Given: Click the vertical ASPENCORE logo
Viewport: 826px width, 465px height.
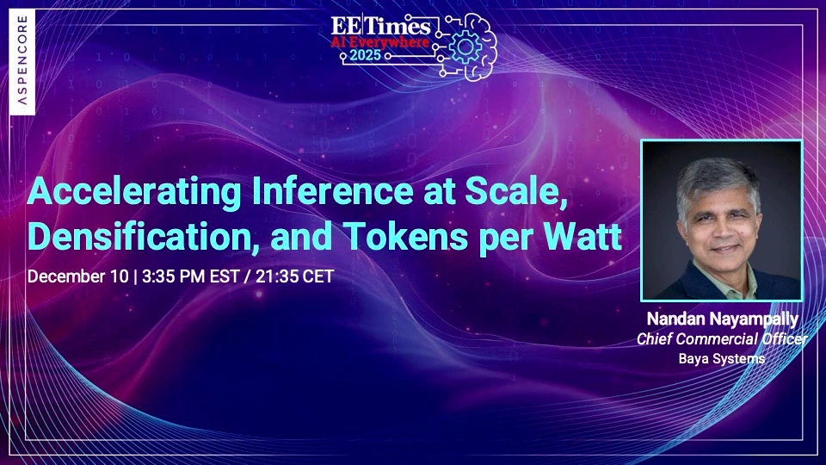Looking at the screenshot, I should (x=22, y=63).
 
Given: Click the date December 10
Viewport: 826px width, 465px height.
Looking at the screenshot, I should (x=74, y=277).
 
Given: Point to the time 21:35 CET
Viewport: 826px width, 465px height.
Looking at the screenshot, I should (x=293, y=277).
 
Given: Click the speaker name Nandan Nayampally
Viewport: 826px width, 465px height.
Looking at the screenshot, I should (x=721, y=319).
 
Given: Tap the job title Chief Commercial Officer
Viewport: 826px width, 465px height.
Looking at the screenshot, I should (x=721, y=339).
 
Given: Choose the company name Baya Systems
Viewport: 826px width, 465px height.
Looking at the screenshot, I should (x=721, y=358).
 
